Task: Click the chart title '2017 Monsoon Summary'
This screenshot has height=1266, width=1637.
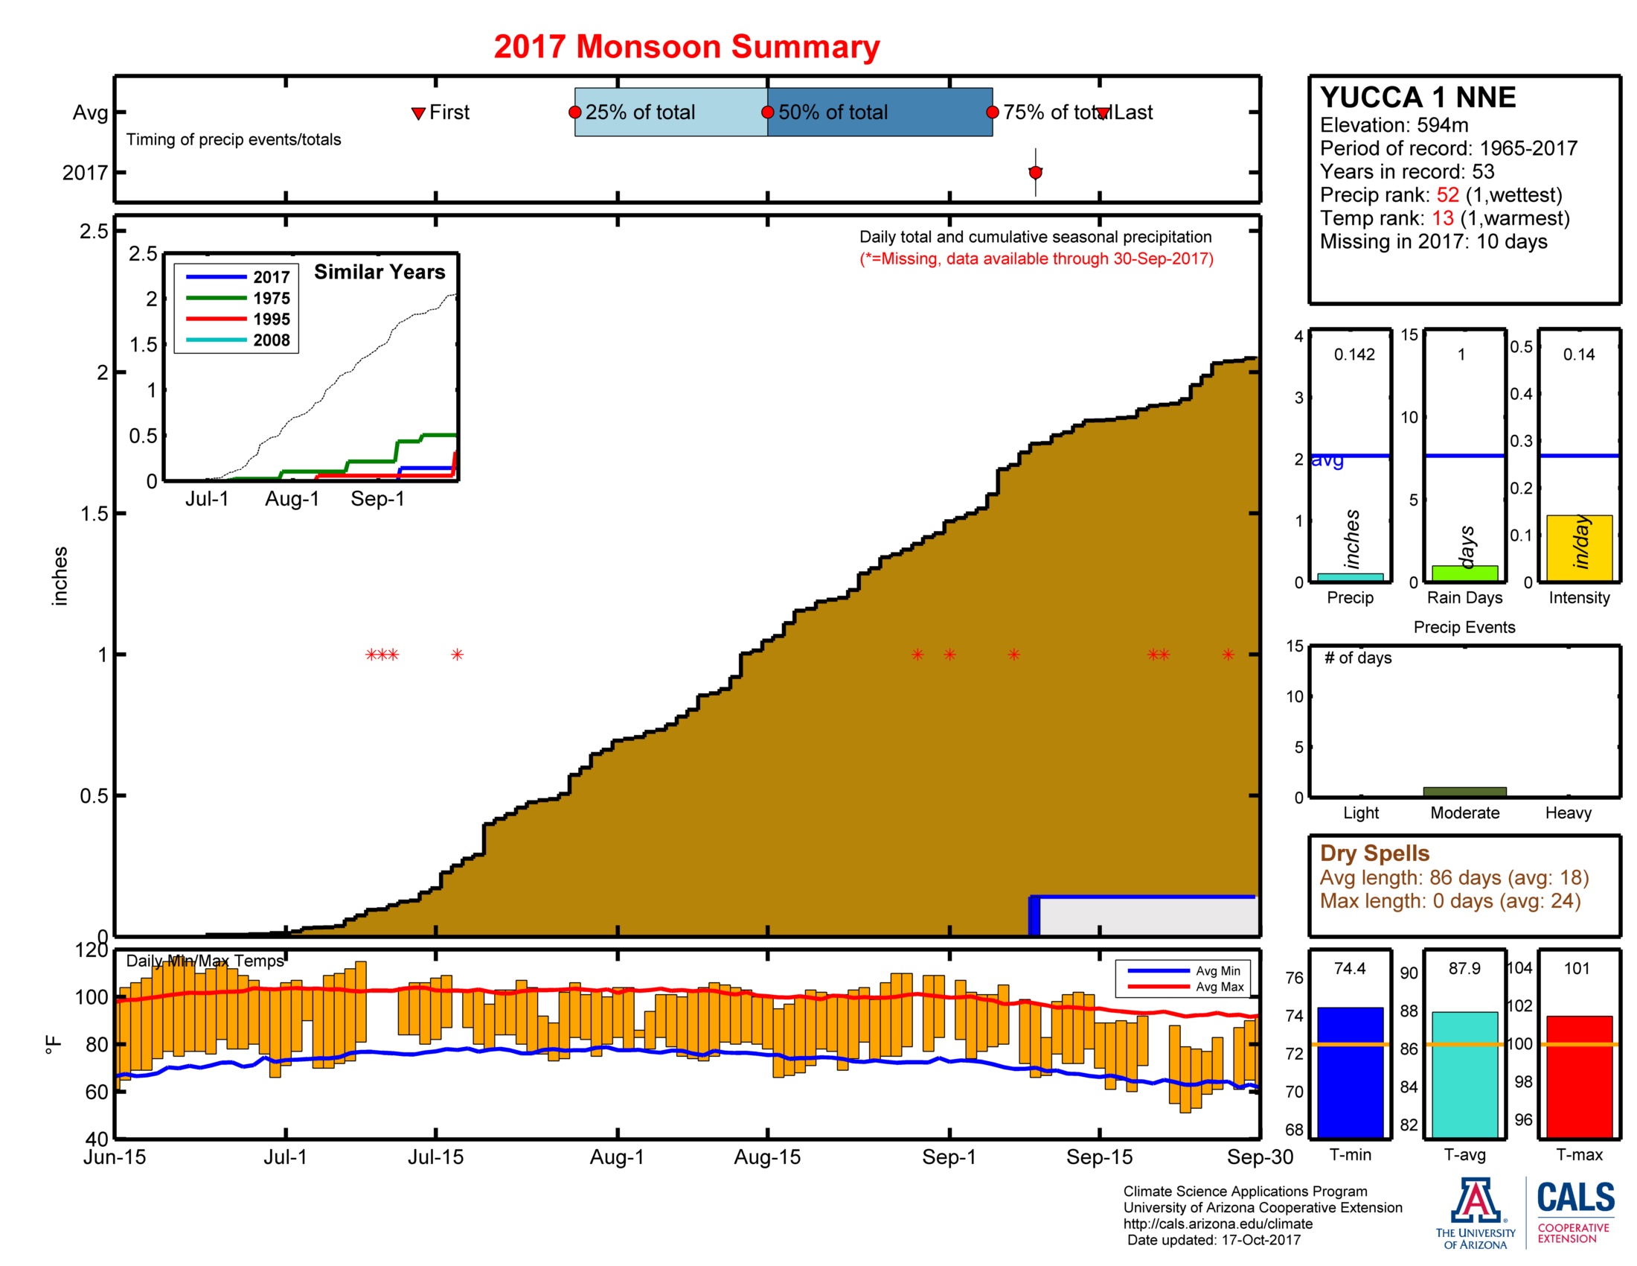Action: pos(686,46)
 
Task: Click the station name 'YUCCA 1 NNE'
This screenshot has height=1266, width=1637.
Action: pos(1417,98)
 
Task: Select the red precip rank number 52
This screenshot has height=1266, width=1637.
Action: pos(1447,195)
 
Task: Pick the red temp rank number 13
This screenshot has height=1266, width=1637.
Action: pos(1442,218)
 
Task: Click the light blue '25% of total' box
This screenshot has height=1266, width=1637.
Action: pos(670,112)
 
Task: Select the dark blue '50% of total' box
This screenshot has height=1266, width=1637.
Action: pos(880,112)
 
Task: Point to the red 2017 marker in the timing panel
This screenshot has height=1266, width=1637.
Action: pos(1035,173)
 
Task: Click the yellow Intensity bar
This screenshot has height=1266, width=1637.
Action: pos(1578,547)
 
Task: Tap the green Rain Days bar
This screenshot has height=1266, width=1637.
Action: pos(1464,573)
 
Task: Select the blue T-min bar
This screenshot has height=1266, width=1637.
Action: pos(1350,1072)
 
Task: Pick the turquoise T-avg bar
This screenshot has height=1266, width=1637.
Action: pos(1464,1075)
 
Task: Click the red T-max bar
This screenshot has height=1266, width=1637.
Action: pos(1578,1077)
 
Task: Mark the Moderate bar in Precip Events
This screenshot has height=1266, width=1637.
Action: pos(1464,791)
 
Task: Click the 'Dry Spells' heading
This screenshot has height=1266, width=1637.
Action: pos(1374,853)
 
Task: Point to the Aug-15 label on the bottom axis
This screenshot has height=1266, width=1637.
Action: pos(766,1157)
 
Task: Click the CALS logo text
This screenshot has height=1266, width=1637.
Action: pos(1575,1197)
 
